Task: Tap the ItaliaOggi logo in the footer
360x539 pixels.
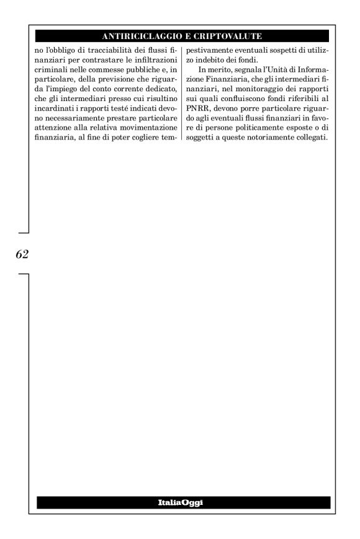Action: (x=184, y=503)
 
